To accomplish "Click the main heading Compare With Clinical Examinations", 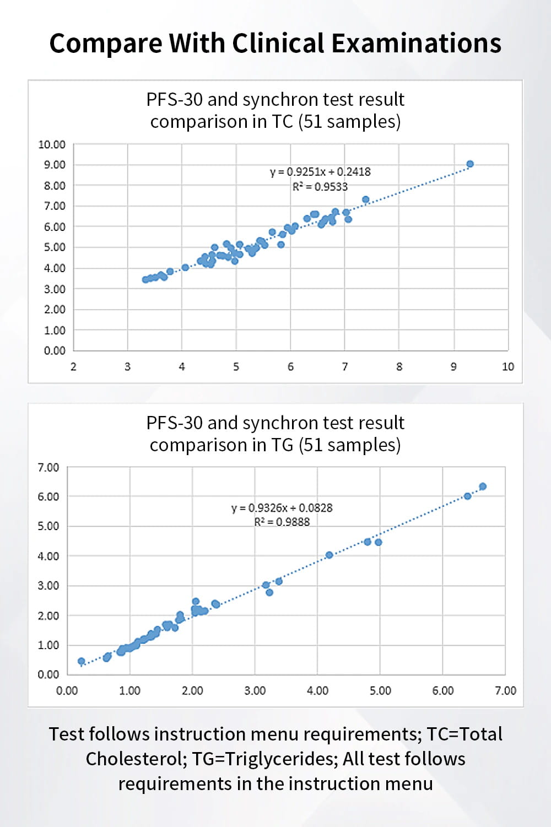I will tap(275, 43).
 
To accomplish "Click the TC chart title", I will tap(275, 110).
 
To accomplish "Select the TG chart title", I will tap(275, 434).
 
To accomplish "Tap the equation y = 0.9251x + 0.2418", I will tap(320, 172).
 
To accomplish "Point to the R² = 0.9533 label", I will tap(320, 187).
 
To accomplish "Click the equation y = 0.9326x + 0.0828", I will tap(282, 507).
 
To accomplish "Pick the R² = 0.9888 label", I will tap(282, 522).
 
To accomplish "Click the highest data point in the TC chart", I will tap(470, 164).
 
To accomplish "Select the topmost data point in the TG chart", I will tap(483, 487).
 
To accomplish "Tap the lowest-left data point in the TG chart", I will tap(82, 661).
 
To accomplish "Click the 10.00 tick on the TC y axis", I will tap(52, 144).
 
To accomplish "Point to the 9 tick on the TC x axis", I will tap(453, 366).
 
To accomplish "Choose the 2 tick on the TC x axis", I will tap(73, 366).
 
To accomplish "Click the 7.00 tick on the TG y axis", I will tap(48, 467).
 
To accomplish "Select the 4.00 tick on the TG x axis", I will tap(317, 690).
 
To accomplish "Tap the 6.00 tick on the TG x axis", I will tap(442, 690).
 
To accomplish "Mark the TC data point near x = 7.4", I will tap(365, 199).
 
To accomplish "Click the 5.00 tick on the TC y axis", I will tap(55, 247).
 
